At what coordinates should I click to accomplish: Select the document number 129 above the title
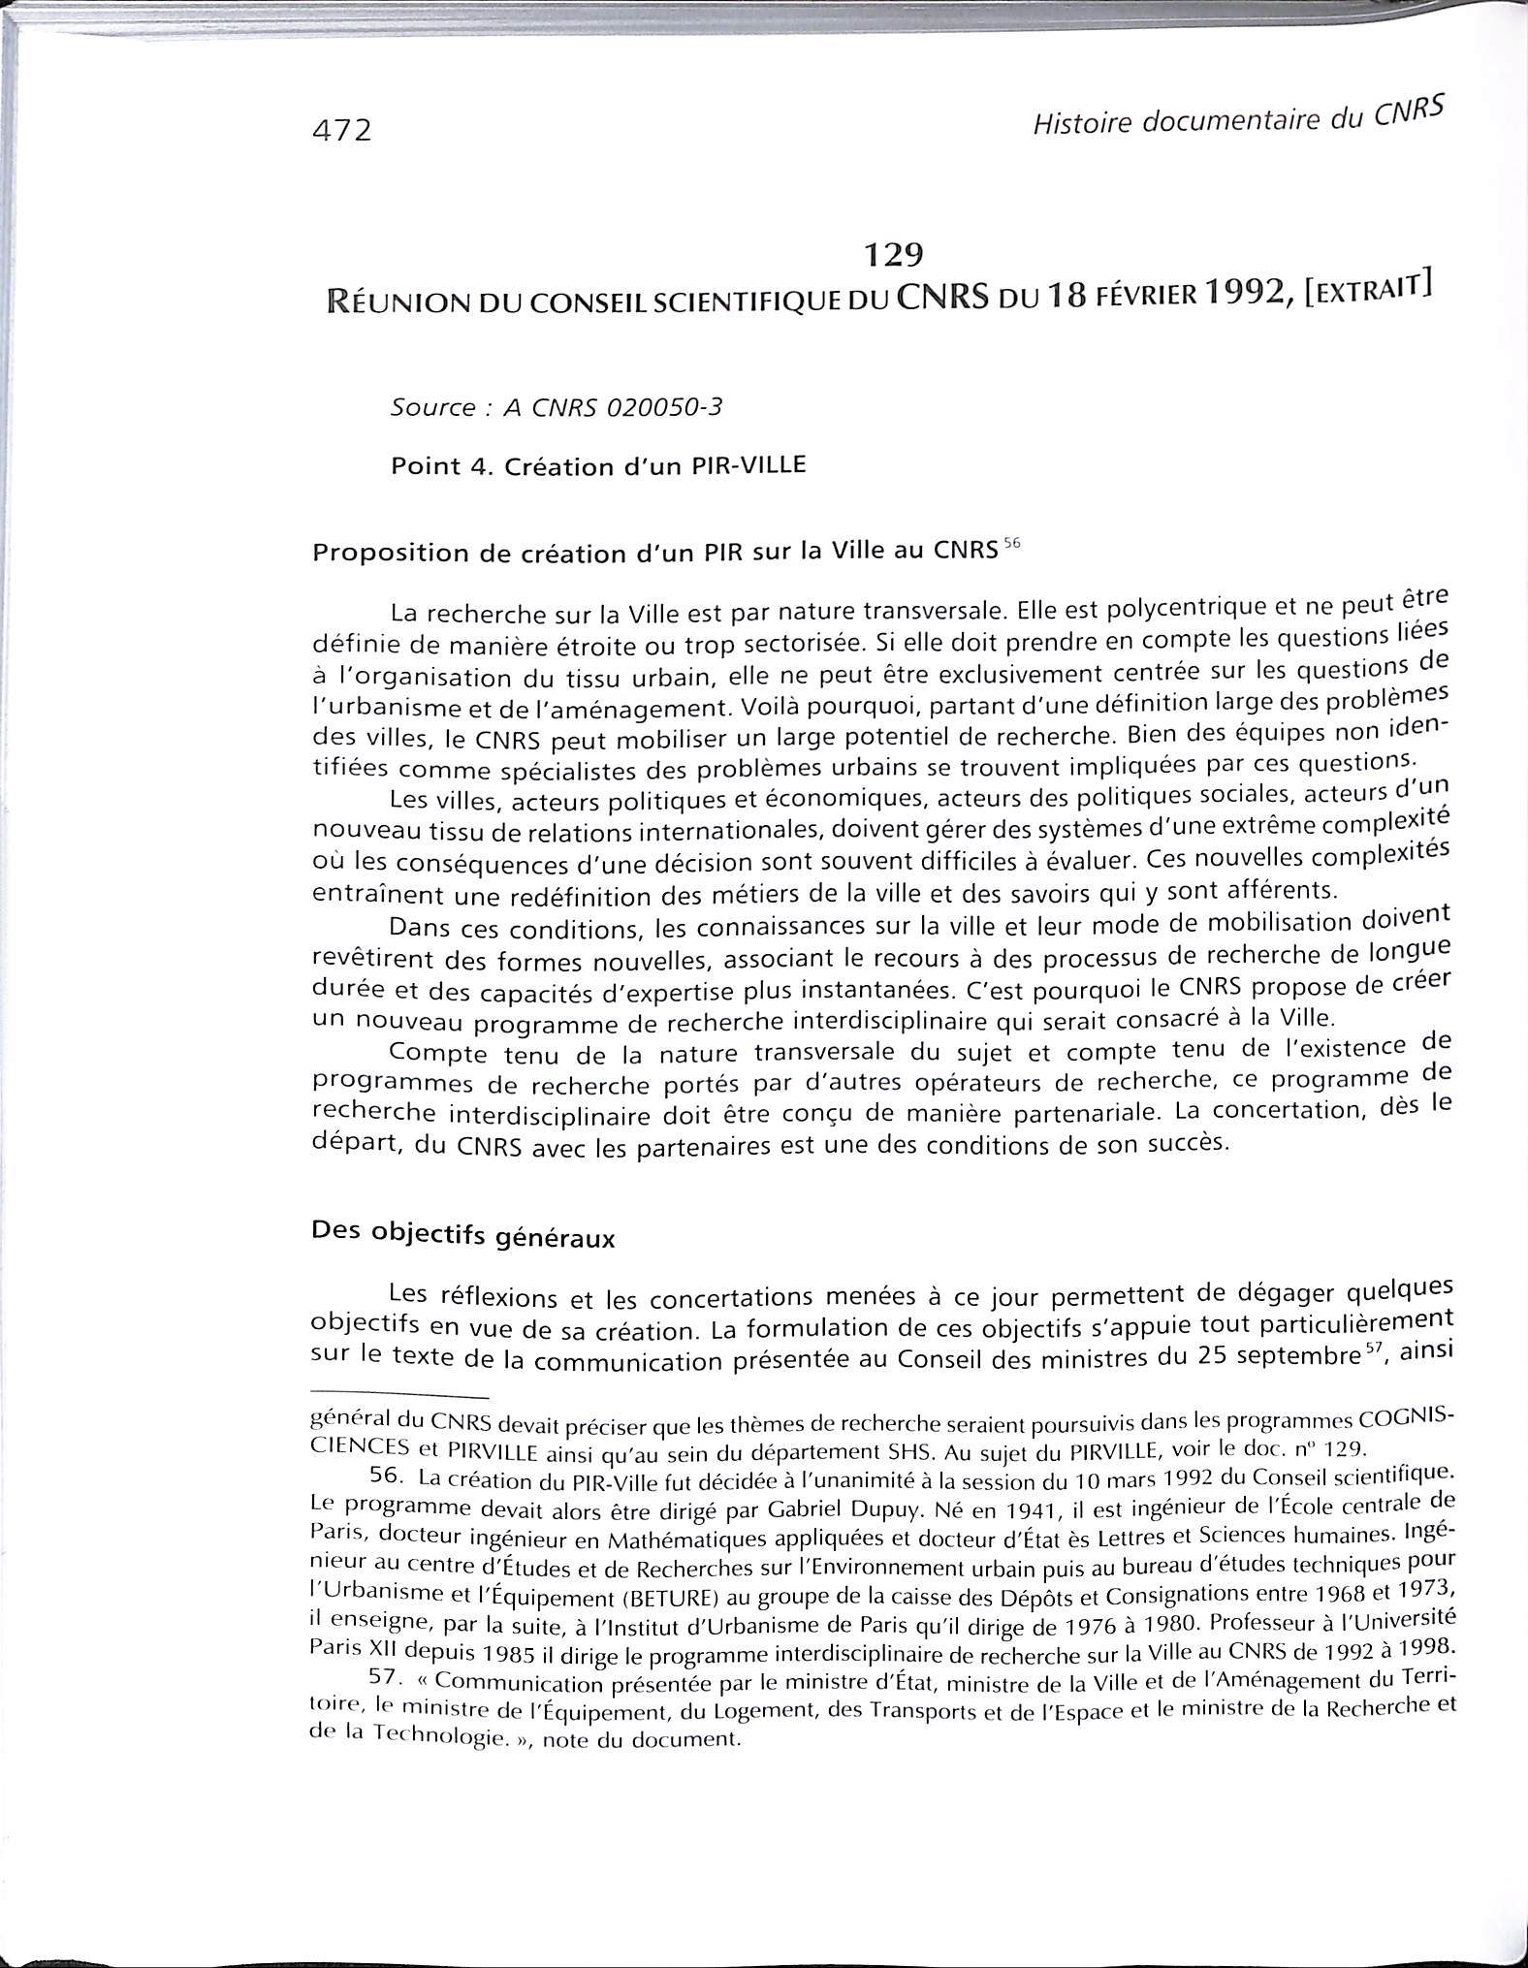click(892, 254)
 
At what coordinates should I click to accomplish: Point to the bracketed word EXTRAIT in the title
click(1369, 288)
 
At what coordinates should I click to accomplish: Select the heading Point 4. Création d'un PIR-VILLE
click(597, 466)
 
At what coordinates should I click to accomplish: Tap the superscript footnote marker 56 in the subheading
click(1012, 544)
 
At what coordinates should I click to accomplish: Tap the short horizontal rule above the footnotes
click(397, 1397)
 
